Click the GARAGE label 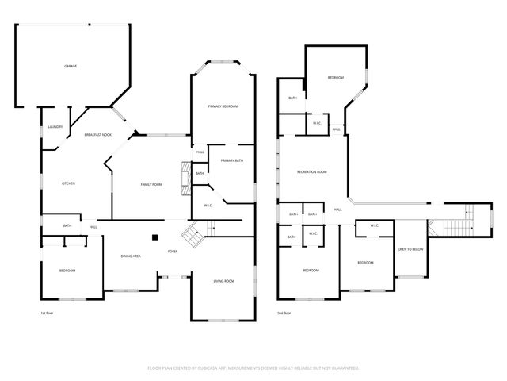click(x=71, y=66)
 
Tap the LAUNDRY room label click(x=55, y=127)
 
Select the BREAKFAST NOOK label click(x=98, y=136)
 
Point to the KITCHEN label click(x=69, y=184)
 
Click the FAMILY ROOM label click(x=151, y=184)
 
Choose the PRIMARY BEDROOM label click(x=223, y=106)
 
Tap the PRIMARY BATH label click(x=232, y=161)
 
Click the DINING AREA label click(x=131, y=256)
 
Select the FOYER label click(x=172, y=252)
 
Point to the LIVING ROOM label click(x=223, y=281)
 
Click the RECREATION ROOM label click(x=311, y=172)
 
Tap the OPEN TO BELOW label click(x=410, y=249)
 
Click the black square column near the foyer click(x=157, y=236)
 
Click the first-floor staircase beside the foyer click(x=193, y=234)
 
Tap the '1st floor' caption click(x=47, y=314)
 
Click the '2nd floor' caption click(x=284, y=314)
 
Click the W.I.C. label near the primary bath click(x=208, y=206)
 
